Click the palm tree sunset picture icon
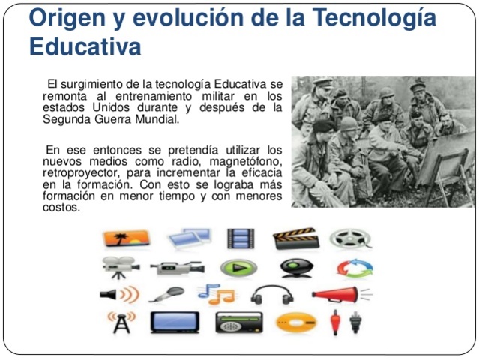pyautogui.click(x=126, y=239)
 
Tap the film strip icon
pyautogui.click(x=241, y=239)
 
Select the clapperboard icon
pyautogui.click(x=295, y=239)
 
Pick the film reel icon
pyautogui.click(x=350, y=239)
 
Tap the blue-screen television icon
pyautogui.click(x=175, y=322)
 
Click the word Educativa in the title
pyautogui.click(x=85, y=46)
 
